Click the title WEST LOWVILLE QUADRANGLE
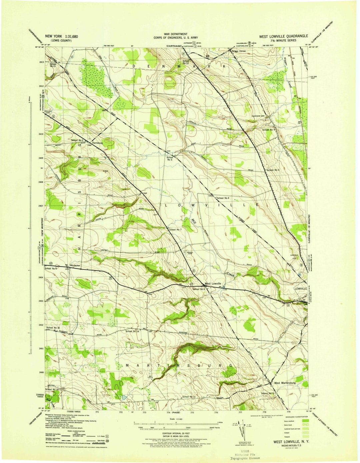click(284, 36)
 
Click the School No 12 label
click(186, 62)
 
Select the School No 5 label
click(170, 158)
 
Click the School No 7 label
click(175, 229)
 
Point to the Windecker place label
click(76, 266)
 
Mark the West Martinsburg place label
click(285, 383)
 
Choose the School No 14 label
click(132, 331)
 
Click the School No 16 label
click(53, 328)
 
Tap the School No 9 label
click(269, 129)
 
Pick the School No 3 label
click(273, 170)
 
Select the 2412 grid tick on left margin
click(41, 86)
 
